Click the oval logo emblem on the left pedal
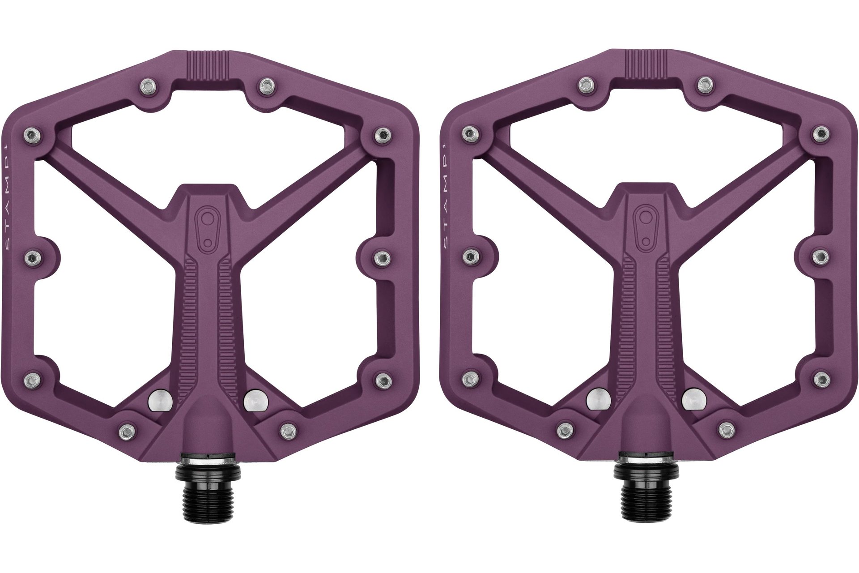(x=208, y=231)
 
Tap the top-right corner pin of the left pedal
(x=383, y=133)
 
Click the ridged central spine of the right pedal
(x=645, y=313)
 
